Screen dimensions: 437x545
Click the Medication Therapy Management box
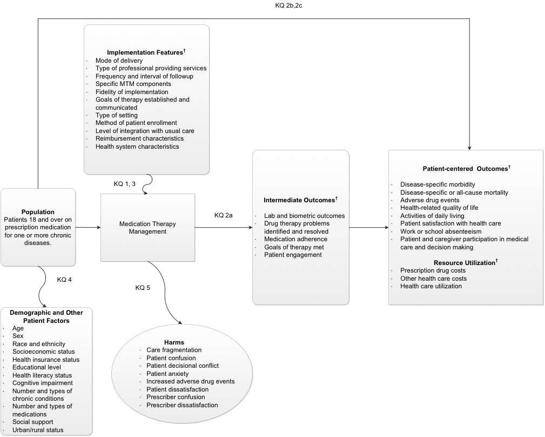coord(147,228)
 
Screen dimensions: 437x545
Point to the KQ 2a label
coord(223,215)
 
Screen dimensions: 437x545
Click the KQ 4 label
coord(65,280)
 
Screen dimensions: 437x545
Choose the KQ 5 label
coord(143,287)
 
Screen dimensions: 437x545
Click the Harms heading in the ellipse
coord(174,342)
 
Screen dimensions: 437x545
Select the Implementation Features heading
coord(146,52)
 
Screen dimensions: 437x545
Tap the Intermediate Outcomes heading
coord(300,200)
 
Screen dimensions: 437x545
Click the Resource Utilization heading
coord(466,262)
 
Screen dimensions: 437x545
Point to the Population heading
coord(38,212)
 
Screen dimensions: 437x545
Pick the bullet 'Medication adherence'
coord(295,239)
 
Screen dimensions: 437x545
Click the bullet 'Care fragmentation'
coord(174,350)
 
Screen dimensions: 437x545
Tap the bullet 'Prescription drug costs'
coord(433,270)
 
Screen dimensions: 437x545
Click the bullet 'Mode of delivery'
coord(119,61)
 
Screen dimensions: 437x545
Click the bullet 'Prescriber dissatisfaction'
coord(182,405)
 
